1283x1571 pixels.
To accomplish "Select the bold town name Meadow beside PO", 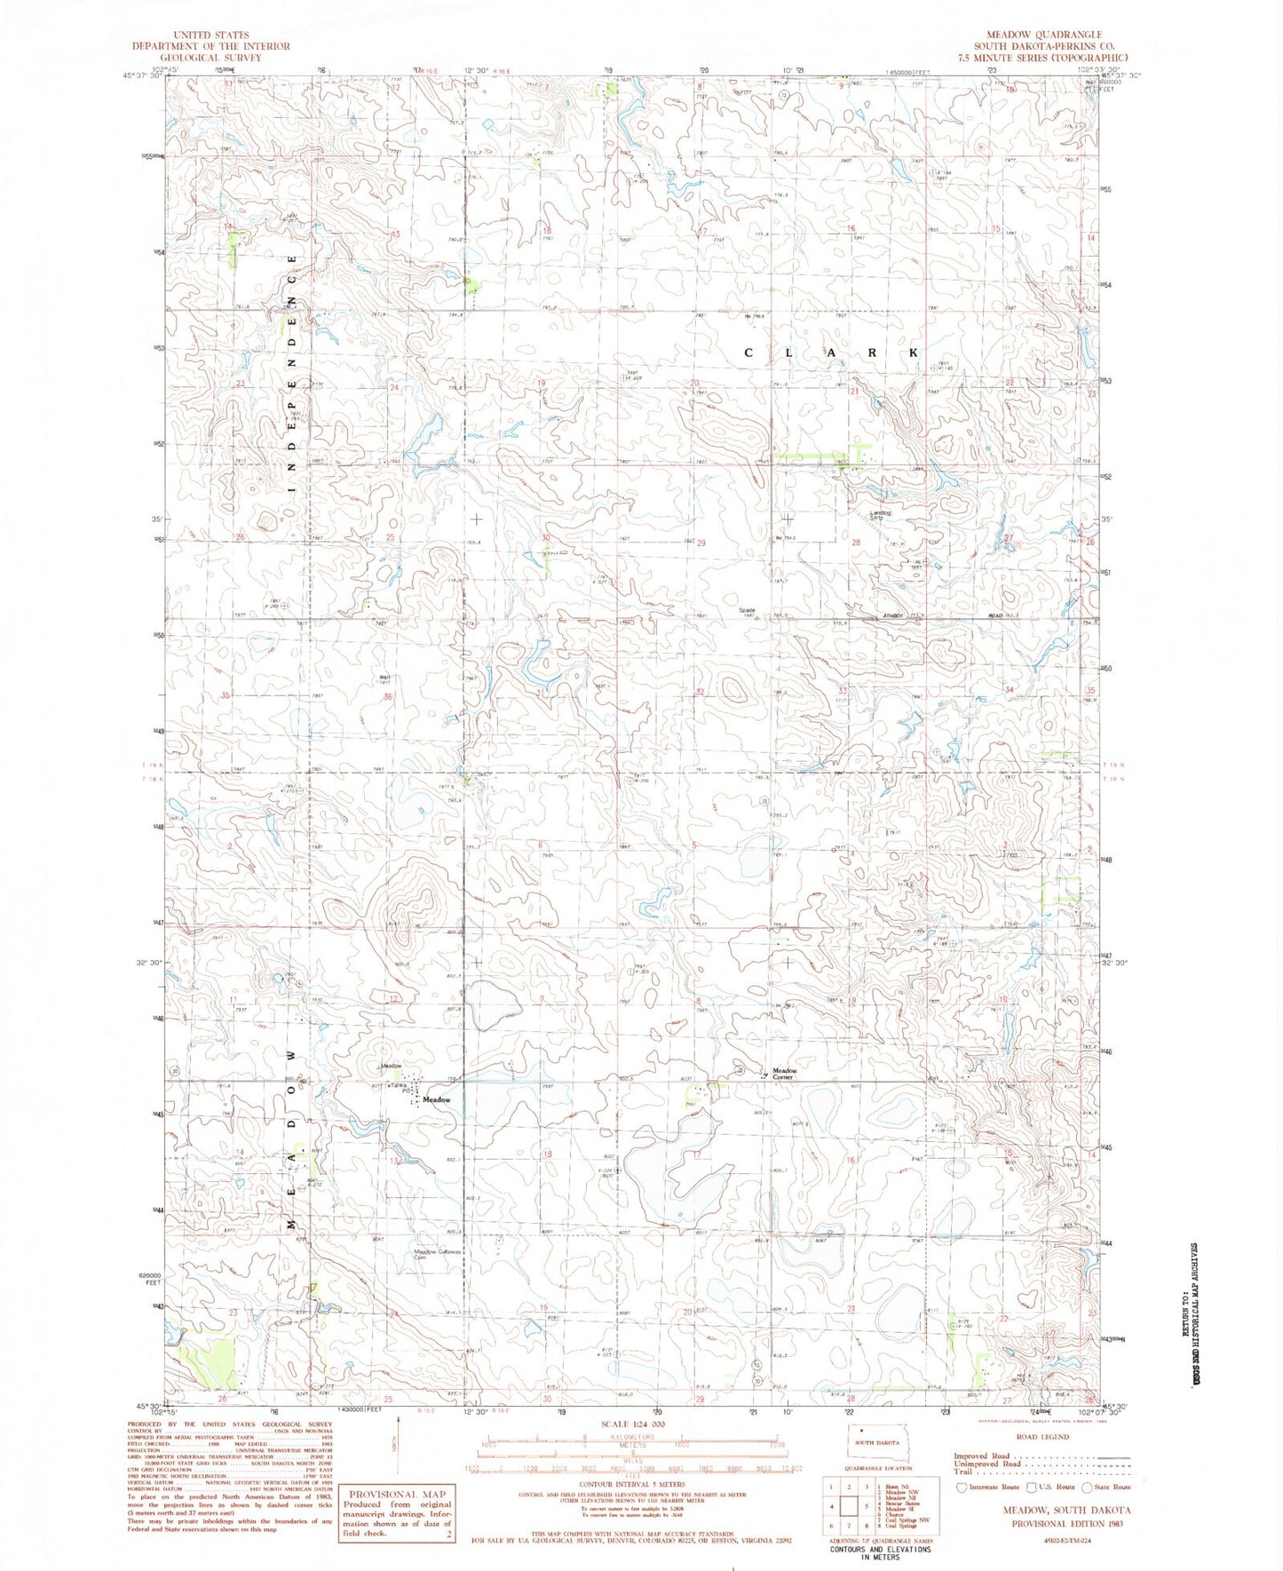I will pyautogui.click(x=436, y=1099).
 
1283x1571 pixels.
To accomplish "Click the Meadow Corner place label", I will pyautogui.click(x=784, y=1074).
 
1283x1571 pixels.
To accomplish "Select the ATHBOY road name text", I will pyautogui.click(x=892, y=615).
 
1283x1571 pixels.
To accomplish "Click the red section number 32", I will pyautogui.click(x=700, y=692).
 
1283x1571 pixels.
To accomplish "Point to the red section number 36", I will pyautogui.click(x=387, y=696).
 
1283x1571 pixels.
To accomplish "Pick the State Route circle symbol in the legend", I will pyautogui.click(x=1089, y=1487).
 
